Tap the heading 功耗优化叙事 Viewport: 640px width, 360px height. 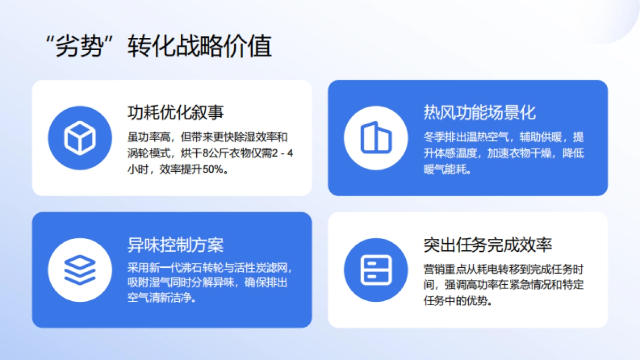175,113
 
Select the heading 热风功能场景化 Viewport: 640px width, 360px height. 479,113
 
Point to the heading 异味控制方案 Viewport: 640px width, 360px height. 175,245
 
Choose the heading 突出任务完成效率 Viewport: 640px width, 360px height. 487,245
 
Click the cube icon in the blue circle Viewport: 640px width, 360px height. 79,138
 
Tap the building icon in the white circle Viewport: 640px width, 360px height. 376,138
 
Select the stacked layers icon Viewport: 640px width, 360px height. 79,270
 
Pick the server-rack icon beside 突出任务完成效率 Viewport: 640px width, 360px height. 376,270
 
